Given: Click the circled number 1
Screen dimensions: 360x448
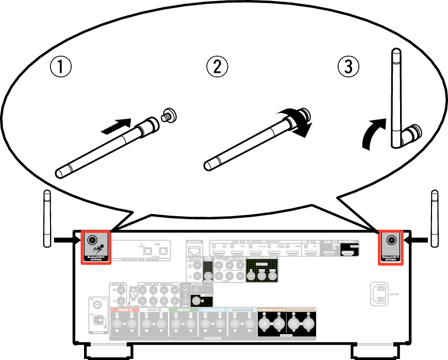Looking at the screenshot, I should (60, 67).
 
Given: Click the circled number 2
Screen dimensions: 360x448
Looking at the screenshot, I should (217, 67).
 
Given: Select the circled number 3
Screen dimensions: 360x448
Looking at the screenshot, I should (348, 67).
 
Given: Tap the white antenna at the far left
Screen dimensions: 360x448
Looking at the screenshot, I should (47, 219).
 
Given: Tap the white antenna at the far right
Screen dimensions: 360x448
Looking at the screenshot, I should (435, 219).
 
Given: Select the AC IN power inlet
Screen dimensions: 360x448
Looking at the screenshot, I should (379, 294).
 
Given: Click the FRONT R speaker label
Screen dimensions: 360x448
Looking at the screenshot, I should (123, 310).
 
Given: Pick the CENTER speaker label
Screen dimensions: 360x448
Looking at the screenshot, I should (183, 310).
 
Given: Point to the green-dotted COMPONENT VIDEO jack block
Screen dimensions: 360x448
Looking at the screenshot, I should (262, 270).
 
